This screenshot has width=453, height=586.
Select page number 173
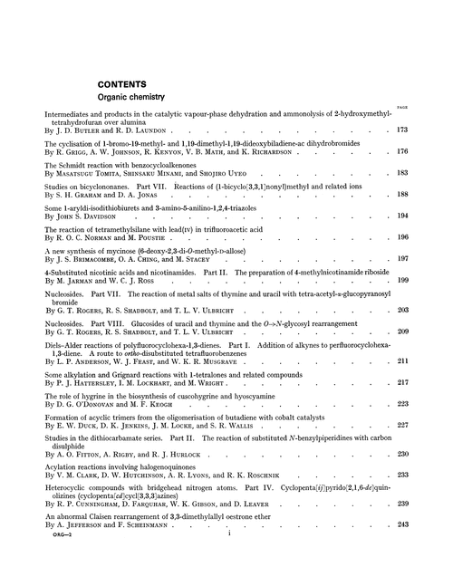point(428,130)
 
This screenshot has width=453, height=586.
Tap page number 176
point(428,151)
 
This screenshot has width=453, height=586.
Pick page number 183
point(428,173)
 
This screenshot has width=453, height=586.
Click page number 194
point(428,216)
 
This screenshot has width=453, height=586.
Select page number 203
point(428,310)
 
